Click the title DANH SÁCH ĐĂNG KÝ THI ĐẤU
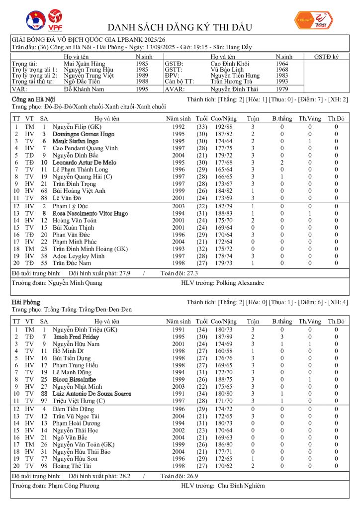pos(180,27)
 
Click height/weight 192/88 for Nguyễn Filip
pos(224,127)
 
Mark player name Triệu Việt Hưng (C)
pos(80,401)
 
